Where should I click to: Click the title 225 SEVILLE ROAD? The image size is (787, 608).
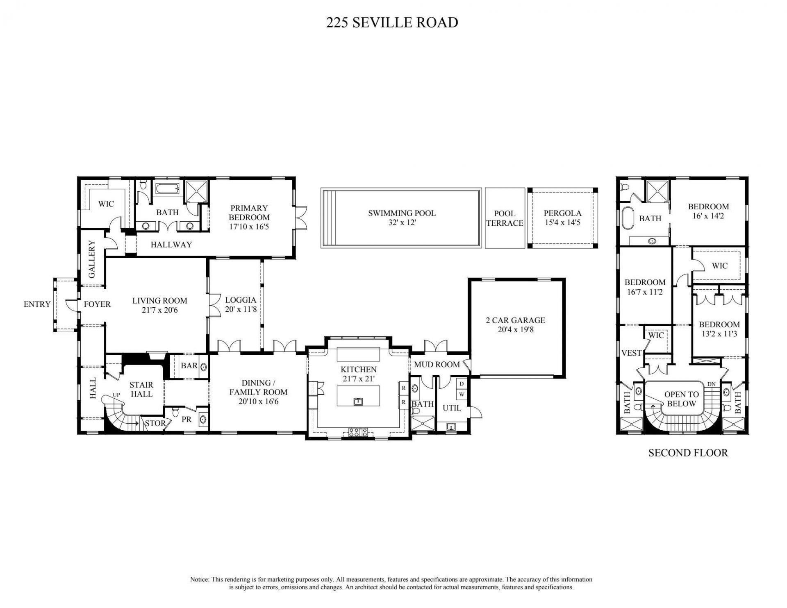tap(392, 22)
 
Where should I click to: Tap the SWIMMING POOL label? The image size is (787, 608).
tap(401, 213)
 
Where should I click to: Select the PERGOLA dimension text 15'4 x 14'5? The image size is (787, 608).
tap(562, 223)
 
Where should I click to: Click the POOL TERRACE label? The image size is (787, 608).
tap(505, 218)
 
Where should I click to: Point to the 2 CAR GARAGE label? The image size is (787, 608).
tap(515, 320)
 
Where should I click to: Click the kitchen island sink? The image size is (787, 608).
tap(358, 401)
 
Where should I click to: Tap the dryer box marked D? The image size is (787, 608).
tap(462, 384)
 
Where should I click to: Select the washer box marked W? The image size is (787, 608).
tap(462, 395)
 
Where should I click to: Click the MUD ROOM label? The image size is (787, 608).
tap(437, 364)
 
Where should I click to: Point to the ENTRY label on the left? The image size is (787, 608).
tap(37, 304)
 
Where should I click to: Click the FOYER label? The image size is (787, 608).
tap(97, 304)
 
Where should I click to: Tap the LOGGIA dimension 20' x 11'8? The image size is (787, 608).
tap(241, 309)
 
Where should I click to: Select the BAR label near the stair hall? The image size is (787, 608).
tap(189, 365)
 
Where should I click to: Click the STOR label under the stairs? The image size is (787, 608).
tap(155, 423)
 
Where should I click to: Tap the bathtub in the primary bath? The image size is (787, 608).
tap(166, 189)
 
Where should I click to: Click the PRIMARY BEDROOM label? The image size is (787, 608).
tap(249, 213)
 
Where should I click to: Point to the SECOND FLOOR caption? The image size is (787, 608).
tap(688, 453)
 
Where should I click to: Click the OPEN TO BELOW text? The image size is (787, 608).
tap(681, 399)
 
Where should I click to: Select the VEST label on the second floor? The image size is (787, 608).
tap(631, 353)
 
